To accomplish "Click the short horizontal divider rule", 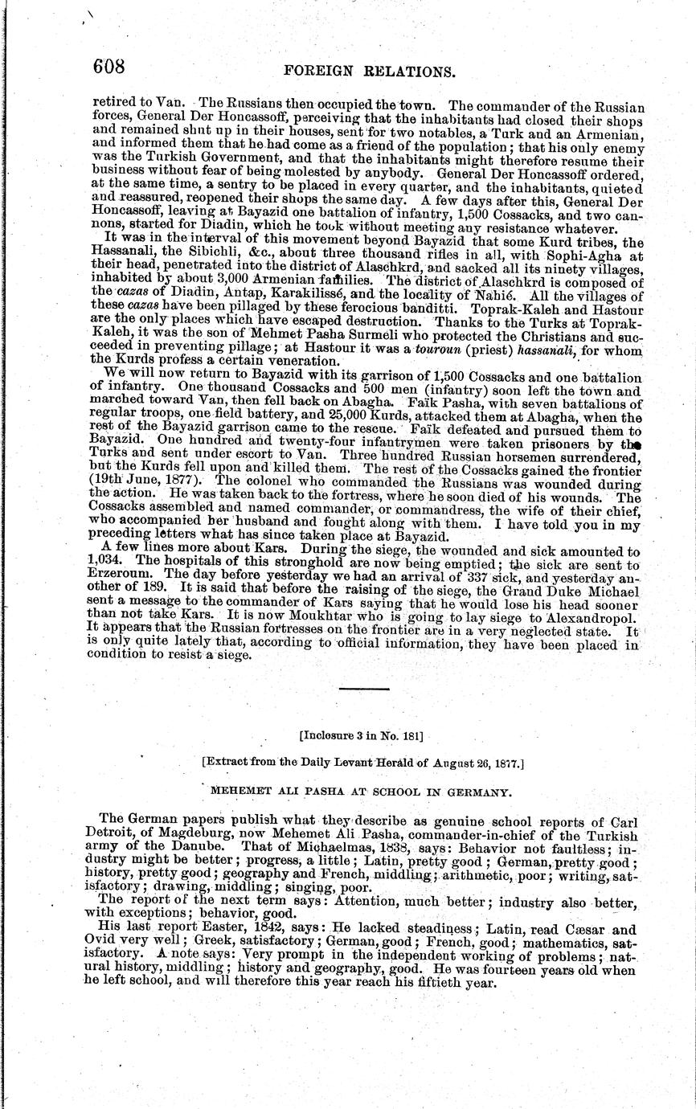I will tap(363, 689).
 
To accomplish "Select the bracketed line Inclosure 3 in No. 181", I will tap(361, 735).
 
